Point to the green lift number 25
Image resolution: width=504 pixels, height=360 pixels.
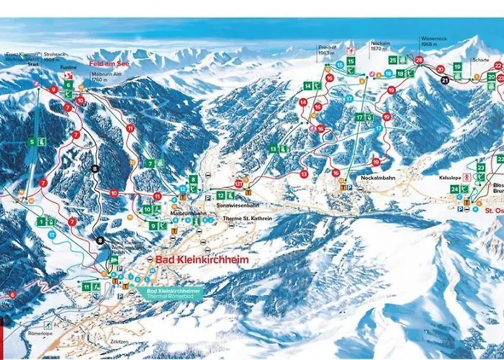[x=393, y=60]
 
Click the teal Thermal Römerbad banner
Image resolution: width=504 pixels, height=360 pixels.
[x=171, y=293]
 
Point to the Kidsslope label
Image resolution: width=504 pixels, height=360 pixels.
[x=448, y=176]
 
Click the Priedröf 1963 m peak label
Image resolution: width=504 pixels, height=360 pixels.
[x=328, y=50]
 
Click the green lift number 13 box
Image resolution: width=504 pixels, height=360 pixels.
[x=274, y=148]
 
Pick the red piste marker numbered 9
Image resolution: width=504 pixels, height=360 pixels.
[x=53, y=89]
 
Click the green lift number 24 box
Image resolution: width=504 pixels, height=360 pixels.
[x=454, y=189]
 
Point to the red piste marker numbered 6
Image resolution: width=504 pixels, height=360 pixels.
[x=12, y=294]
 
